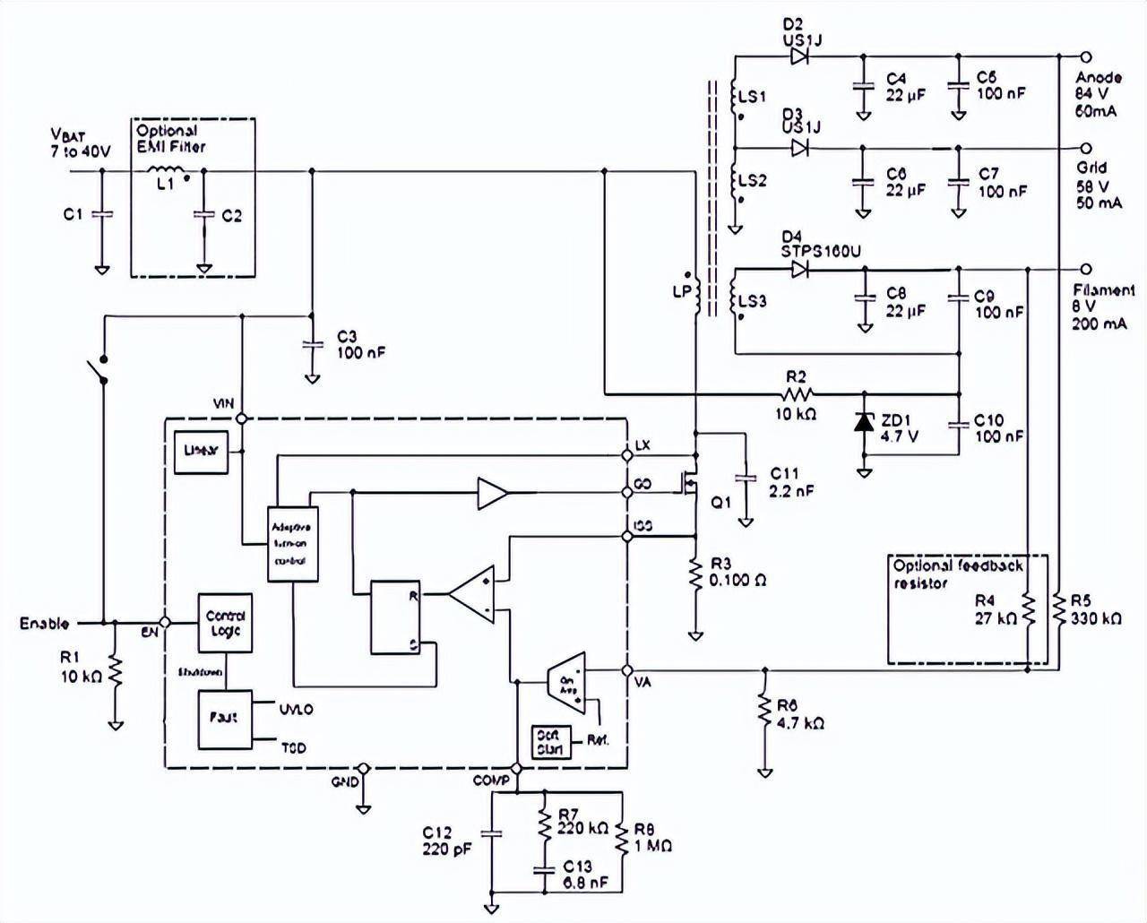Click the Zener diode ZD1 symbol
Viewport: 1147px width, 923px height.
[x=864, y=424]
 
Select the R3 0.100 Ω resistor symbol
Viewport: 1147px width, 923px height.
[x=695, y=573]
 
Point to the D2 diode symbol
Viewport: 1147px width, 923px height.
[x=800, y=56]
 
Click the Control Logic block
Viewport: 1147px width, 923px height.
[x=224, y=623]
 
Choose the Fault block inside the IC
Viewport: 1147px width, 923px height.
[x=224, y=717]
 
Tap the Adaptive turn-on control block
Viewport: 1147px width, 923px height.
[x=293, y=544]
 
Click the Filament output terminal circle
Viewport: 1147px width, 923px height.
[x=1086, y=269]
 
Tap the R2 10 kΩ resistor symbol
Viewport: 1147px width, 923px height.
[x=796, y=394]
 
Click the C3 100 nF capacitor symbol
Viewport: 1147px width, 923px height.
[x=312, y=343]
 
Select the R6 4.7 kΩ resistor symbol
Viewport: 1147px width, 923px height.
[x=764, y=711]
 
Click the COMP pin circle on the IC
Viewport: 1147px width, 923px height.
[x=516, y=769]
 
